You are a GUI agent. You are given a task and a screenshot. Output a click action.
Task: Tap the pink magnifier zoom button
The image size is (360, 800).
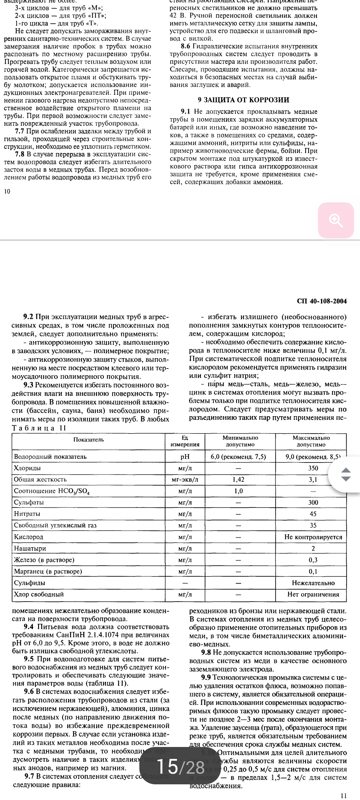tap(336, 220)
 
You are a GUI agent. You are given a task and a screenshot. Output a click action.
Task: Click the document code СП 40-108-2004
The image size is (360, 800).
tap(322, 301)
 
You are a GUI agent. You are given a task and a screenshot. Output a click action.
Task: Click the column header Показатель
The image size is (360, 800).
tap(89, 439)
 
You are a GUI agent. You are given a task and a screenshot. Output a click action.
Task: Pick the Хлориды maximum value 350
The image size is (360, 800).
tap(313, 468)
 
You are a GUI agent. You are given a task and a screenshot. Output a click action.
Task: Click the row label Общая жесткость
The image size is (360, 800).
tap(40, 479)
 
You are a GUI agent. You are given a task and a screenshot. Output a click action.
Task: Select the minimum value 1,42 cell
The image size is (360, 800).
tap(238, 480)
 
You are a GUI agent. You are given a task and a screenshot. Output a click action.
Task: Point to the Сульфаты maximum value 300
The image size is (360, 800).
tap(313, 502)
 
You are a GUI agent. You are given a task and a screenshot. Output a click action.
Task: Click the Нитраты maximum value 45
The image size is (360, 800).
tap(313, 514)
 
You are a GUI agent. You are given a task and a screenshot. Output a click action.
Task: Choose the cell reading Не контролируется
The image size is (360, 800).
tap(313, 537)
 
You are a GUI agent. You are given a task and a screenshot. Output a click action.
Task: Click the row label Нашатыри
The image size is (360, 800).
tap(30, 548)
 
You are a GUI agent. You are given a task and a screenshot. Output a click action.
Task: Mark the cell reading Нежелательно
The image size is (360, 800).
tap(313, 583)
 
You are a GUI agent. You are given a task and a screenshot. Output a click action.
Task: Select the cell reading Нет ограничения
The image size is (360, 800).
tap(313, 594)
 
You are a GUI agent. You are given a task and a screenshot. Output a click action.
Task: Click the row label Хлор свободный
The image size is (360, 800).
tap(39, 594)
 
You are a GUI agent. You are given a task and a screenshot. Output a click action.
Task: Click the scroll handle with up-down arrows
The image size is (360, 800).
tap(346, 474)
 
